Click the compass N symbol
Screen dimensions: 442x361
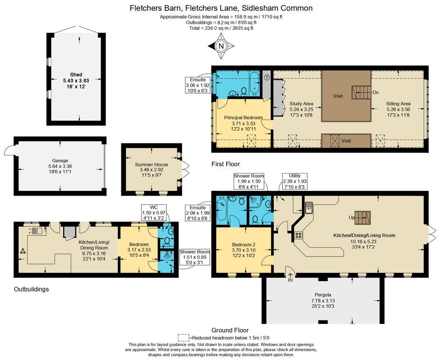coord(221,46)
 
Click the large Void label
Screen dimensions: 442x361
coord(338,96)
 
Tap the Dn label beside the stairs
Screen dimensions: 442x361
coord(376,92)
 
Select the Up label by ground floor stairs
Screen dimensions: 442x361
coord(352,218)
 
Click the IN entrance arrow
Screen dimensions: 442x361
coord(290,276)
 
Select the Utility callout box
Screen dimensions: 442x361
coord(294,181)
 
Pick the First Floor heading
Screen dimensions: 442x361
coord(225,164)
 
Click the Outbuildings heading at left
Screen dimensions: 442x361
coord(31,289)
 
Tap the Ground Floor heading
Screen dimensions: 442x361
coord(230,330)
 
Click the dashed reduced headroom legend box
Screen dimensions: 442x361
coord(183,338)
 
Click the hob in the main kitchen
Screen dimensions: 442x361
coord(298,235)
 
